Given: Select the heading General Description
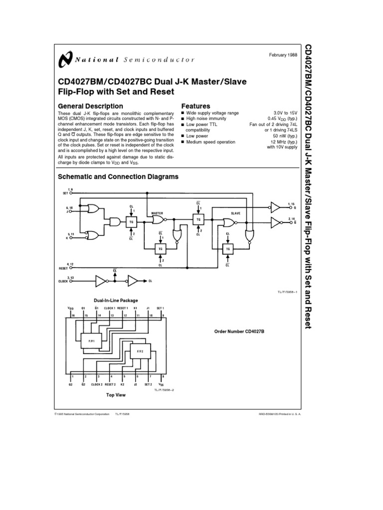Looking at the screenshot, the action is (90, 106).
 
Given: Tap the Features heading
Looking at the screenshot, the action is (195, 106).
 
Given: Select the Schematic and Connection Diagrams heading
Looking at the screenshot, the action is (118, 176).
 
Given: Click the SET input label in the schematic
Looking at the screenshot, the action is (65, 192).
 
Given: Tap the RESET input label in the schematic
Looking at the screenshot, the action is (62, 268).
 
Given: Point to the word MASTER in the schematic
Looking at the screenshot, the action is (157, 213).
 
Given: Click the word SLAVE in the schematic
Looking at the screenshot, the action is (235, 213).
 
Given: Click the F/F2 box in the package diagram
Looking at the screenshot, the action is (140, 352).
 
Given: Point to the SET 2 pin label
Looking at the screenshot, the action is (148, 384).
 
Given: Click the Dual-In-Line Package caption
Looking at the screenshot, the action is (116, 300).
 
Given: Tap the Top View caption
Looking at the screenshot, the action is (116, 395).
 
